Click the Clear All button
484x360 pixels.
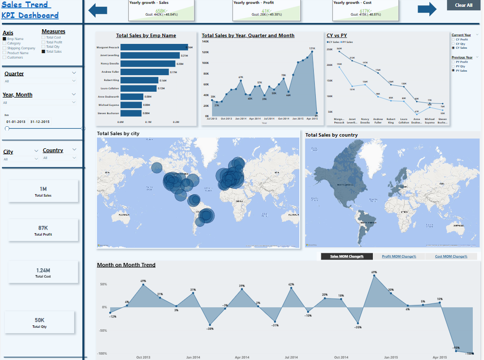[464, 5]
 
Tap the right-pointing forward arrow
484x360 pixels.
[427, 9]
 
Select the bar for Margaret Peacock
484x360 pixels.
[154, 47]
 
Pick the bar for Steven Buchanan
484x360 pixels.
[131, 113]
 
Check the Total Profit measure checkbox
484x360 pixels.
[43, 42]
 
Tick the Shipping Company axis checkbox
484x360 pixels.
[4, 48]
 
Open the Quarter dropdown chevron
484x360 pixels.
[74, 73]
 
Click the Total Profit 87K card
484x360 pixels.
[43, 230]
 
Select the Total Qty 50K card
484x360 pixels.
[39, 322]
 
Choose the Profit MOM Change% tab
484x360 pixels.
[399, 256]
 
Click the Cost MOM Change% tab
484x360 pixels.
[451, 256]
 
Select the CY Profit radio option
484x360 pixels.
[453, 39]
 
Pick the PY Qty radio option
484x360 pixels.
[453, 66]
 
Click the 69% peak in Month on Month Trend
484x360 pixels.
[374, 276]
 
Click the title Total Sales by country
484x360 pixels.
[331, 135]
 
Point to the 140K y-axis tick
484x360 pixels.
[205, 42]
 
